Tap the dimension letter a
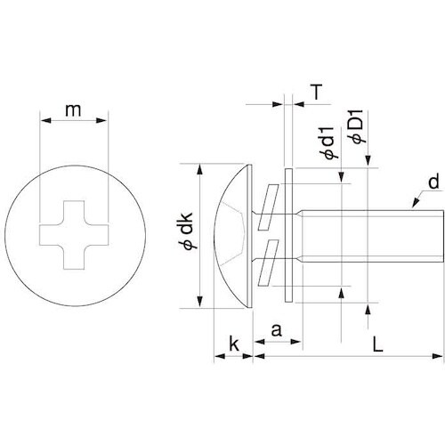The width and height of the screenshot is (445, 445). click(x=276, y=330)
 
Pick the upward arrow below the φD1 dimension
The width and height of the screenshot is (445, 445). click(x=368, y=307)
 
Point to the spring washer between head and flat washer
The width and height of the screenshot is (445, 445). click(x=271, y=235)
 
